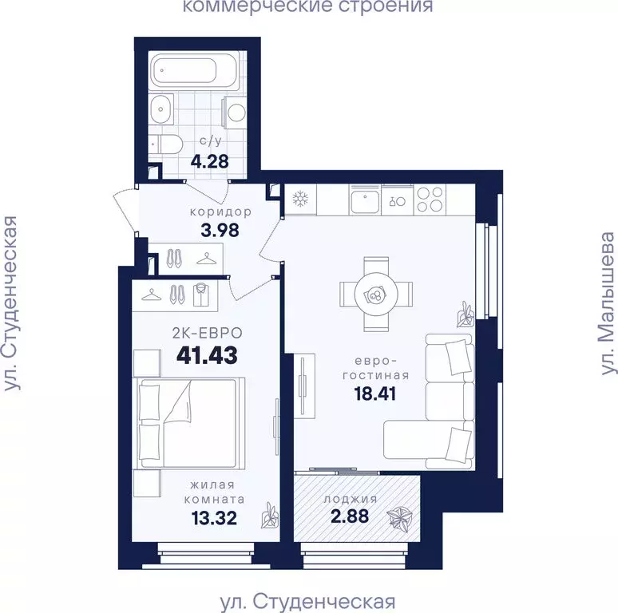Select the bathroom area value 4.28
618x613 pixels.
[x=209, y=161]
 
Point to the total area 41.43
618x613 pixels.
[x=207, y=355]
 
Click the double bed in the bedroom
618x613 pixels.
[x=188, y=423]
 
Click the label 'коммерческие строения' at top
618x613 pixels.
[x=308, y=7]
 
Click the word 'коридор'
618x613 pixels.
[x=220, y=212]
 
